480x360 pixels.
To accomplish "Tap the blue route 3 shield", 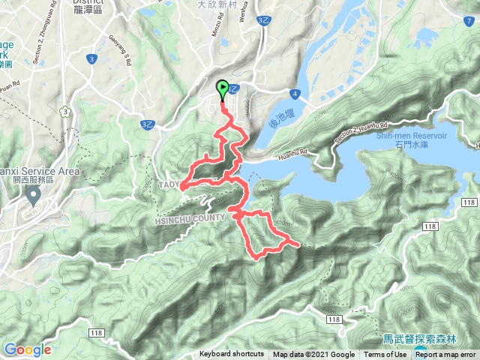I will [91, 58].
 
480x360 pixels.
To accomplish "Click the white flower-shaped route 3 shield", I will [67, 112].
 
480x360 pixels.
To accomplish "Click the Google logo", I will [27, 349].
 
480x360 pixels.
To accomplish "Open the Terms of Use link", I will [380, 355].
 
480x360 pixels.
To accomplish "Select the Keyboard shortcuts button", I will [231, 355].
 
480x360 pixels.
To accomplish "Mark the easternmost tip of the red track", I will [300, 244].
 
